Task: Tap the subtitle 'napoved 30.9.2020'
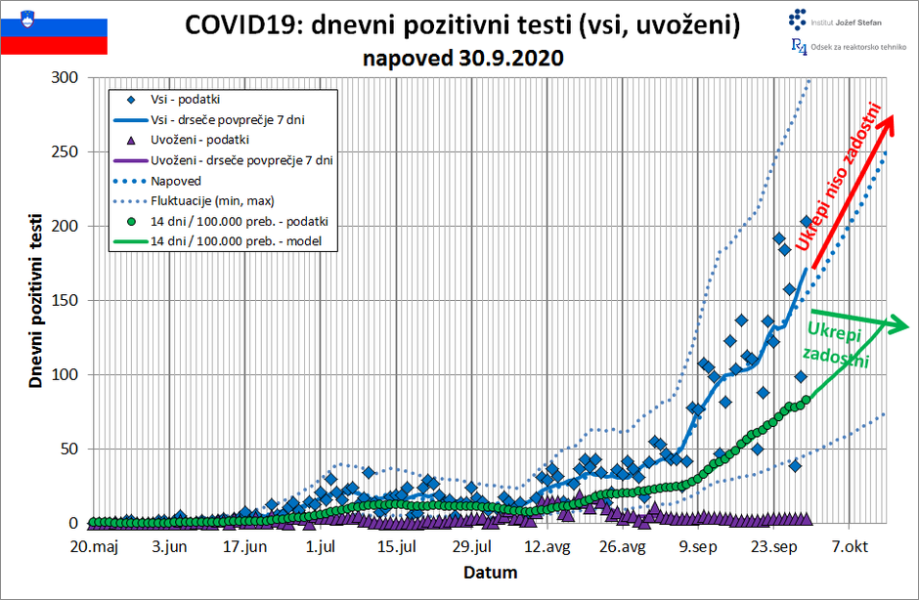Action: (x=463, y=58)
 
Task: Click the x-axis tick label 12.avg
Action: (x=547, y=547)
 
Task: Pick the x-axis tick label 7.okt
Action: (x=849, y=547)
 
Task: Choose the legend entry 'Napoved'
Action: (x=177, y=181)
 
